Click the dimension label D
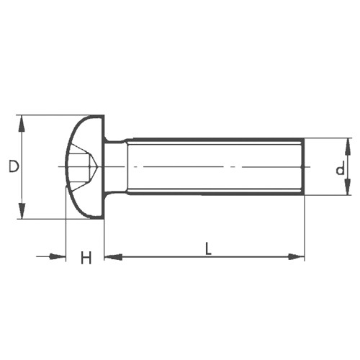(13, 166)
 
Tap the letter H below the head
(86, 257)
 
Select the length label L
(208, 250)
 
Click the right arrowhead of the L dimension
(296, 256)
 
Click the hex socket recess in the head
(83, 167)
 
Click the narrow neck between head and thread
(114, 167)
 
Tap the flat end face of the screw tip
(303, 167)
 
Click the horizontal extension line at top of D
(50, 114)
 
